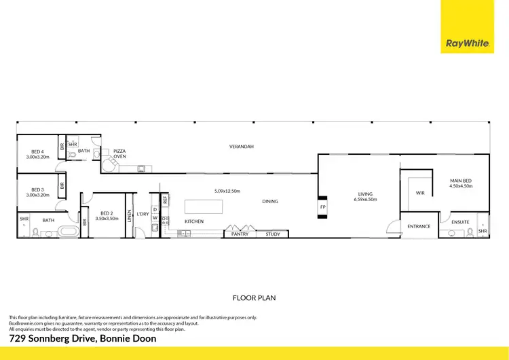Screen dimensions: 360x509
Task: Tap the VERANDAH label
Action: pos(241,147)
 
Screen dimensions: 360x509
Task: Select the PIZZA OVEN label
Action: pos(119,154)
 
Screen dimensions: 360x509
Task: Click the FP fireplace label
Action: pos(323,206)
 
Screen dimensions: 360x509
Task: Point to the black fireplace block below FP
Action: pos(322,215)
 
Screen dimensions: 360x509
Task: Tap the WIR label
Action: pos(420,194)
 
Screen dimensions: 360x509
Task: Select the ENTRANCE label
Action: pos(419,226)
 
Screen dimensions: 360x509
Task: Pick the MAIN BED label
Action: pos(461,181)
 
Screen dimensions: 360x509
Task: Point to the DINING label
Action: pos(270,201)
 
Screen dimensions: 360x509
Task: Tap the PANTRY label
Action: pos(240,234)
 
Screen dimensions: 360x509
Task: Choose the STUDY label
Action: pos(273,234)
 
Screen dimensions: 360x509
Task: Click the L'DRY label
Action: pos(143,215)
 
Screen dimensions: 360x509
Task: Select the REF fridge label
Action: pos(165,200)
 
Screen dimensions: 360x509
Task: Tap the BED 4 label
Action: pos(37,151)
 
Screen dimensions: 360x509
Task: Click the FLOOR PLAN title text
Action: pos(254,298)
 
